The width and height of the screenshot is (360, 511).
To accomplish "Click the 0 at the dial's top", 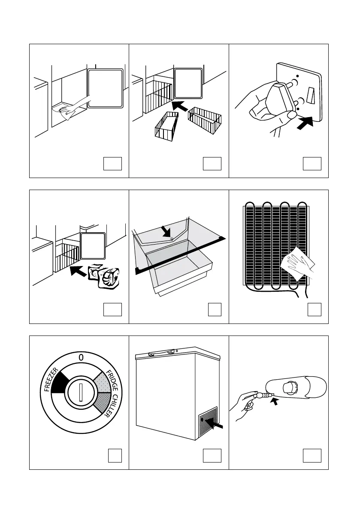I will tap(80, 357).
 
